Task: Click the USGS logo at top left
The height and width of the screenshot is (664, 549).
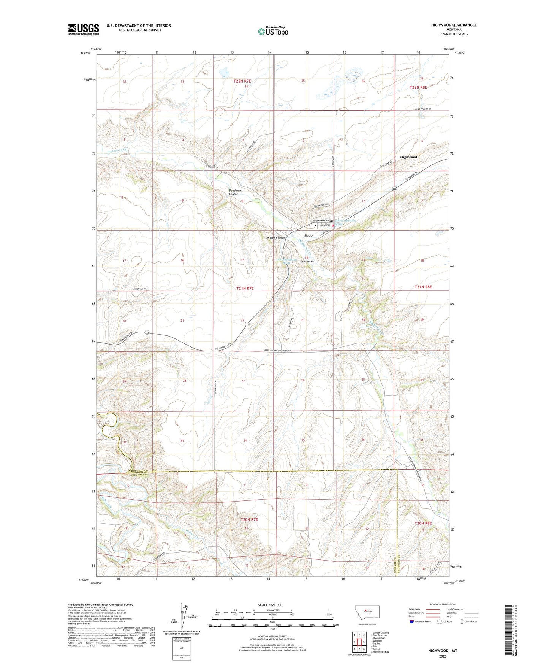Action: click(83, 29)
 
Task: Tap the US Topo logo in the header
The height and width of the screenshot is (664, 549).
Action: click(273, 31)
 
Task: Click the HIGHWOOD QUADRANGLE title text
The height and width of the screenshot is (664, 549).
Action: click(454, 25)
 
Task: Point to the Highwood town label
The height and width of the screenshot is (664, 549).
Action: click(408, 157)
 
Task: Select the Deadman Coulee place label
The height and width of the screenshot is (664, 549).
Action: click(233, 192)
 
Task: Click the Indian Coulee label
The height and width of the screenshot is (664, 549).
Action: click(276, 238)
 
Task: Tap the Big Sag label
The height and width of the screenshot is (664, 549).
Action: click(309, 235)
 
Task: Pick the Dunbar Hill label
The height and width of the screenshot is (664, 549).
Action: click(308, 262)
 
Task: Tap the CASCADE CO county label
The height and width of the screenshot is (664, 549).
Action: click(136, 475)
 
